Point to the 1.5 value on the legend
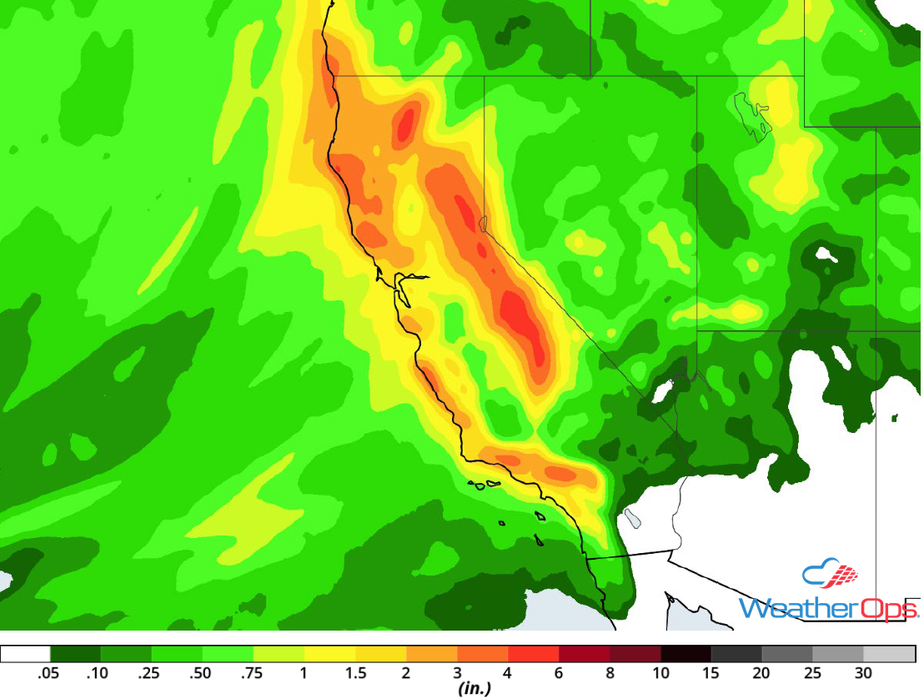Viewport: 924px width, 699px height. coord(355,673)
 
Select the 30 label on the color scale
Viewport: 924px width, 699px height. coord(863,673)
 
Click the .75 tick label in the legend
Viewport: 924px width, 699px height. coord(254,673)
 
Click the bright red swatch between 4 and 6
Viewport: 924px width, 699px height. coord(534,653)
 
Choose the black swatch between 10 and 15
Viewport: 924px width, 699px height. coord(685,653)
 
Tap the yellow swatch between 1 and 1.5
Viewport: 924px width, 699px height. coord(330,653)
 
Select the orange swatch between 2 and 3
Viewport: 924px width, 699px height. coord(432,653)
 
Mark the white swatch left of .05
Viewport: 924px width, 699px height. coord(26,653)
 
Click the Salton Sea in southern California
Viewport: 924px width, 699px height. coord(632,519)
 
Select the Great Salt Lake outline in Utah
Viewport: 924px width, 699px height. coord(751,115)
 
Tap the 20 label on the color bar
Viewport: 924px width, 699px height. coord(761,673)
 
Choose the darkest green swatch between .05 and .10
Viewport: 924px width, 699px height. coord(76,653)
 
